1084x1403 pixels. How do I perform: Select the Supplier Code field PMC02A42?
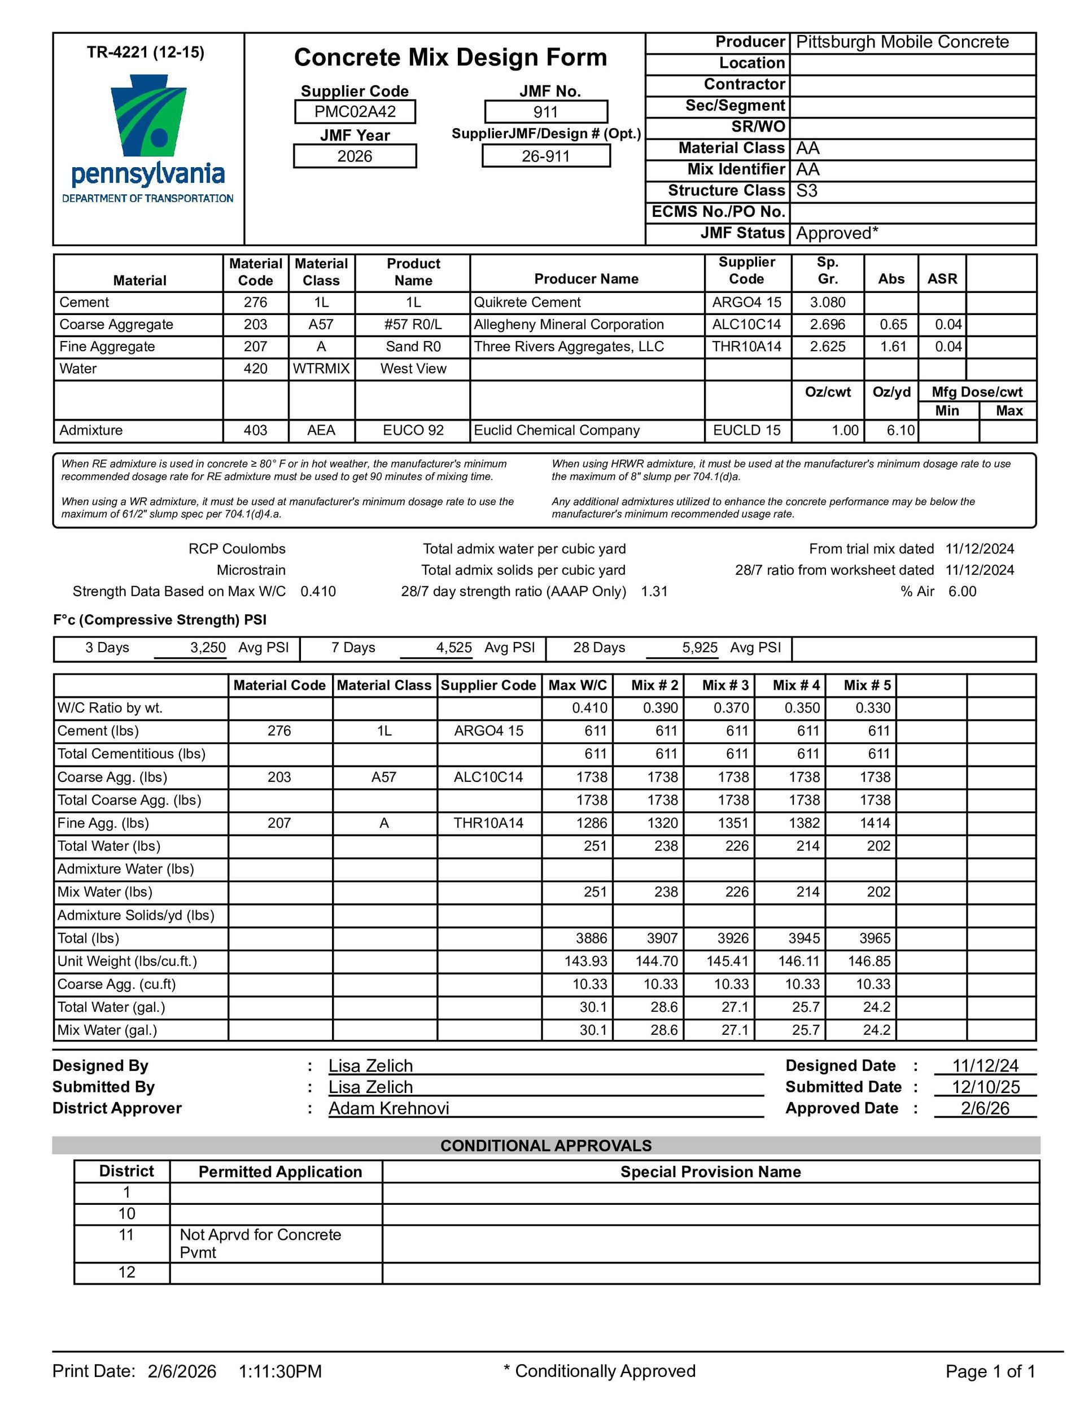[355, 112]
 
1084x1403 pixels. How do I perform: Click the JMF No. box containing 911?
[545, 112]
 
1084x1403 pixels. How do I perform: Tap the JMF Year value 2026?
[355, 156]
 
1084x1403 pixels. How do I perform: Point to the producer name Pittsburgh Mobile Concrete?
[902, 42]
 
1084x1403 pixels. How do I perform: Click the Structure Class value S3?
[806, 191]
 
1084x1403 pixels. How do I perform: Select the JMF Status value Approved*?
[837, 233]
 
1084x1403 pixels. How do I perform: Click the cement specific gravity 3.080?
[828, 303]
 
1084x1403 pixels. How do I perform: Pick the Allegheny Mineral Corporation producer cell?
[569, 325]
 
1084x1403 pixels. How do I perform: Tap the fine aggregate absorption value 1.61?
[892, 347]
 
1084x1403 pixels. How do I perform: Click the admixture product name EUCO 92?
[413, 430]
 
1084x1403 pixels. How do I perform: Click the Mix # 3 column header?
[725, 685]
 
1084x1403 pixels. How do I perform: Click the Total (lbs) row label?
[89, 938]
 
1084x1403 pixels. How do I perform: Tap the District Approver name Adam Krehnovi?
[389, 1108]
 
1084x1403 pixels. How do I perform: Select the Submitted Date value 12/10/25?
[985, 1087]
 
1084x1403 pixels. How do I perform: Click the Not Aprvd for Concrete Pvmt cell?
[260, 1243]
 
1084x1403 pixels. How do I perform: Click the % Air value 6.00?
[962, 592]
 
